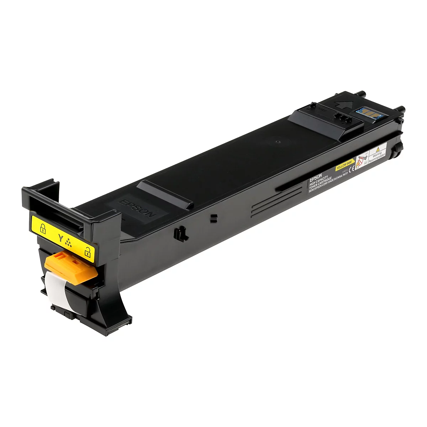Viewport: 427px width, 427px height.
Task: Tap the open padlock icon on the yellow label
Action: pos(87,253)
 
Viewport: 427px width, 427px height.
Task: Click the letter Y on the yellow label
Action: pos(60,236)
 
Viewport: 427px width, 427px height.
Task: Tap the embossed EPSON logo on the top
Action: pos(138,209)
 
